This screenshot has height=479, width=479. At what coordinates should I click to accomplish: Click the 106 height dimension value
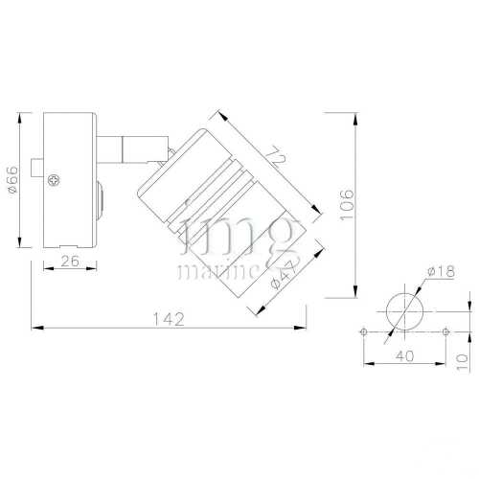point(348,204)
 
